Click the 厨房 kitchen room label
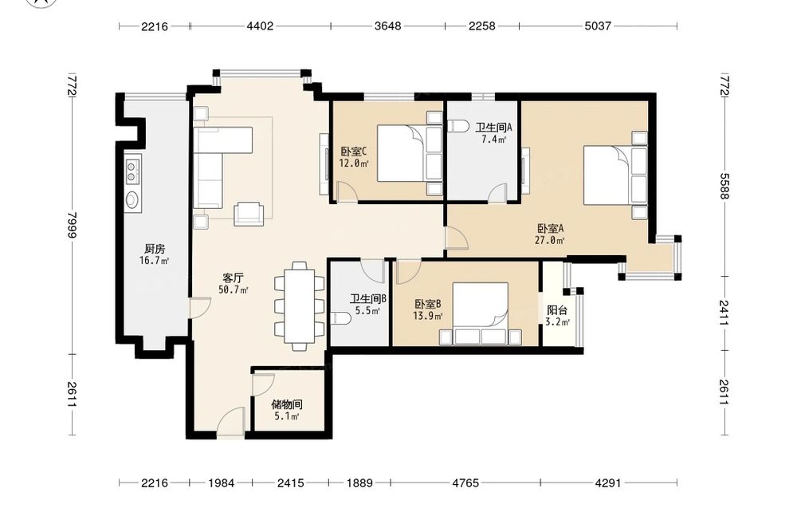coord(154,249)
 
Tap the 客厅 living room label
coord(234,278)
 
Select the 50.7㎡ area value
coord(234,290)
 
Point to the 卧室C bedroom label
coord(354,152)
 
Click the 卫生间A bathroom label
coord(493,127)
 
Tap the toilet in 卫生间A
coord(458,125)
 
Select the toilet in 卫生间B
coord(340,319)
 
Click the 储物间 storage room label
coord(287,405)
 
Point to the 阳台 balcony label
coord(557,310)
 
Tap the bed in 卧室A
coord(615,175)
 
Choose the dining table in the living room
coord(300,306)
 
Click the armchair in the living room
coord(249,214)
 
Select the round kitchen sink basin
coord(132,199)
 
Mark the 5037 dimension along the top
coord(597,26)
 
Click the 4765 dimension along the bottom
coord(465,482)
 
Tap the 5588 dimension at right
coord(724,187)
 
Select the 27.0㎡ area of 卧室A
coord(550,241)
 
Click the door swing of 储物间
coord(263,384)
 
